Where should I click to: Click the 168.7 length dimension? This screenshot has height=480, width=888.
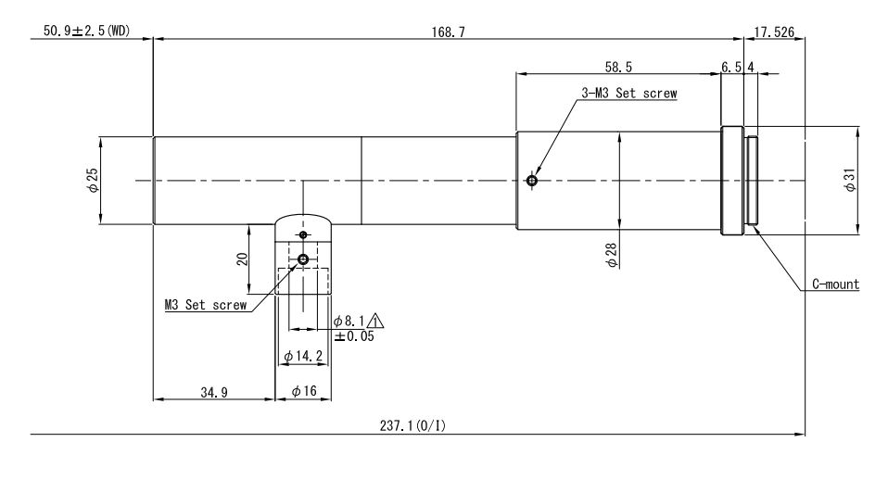pyautogui.click(x=450, y=32)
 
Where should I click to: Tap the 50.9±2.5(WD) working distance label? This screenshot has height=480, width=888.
pyautogui.click(x=85, y=32)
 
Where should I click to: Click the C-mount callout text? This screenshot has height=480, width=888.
pyautogui.click(x=831, y=284)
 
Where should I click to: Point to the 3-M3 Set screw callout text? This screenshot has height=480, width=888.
pyautogui.click(x=629, y=93)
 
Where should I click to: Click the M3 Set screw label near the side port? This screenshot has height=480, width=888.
pyautogui.click(x=205, y=304)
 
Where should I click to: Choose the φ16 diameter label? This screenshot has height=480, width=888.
pyautogui.click(x=304, y=393)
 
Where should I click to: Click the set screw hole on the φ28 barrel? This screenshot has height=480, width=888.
pyautogui.click(x=530, y=181)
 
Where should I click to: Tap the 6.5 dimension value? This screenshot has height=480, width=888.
pyautogui.click(x=731, y=67)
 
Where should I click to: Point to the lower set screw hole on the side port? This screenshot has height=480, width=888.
pyautogui.click(x=303, y=259)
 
